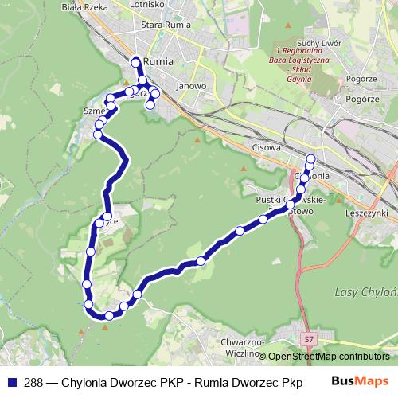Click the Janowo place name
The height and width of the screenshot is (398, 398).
tap(192, 85)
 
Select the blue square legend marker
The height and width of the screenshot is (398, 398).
tap(10, 381)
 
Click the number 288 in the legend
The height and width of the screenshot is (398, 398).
tap(29, 381)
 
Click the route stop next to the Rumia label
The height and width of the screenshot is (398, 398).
tap(136, 61)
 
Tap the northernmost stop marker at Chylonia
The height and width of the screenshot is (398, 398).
tap(310, 156)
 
